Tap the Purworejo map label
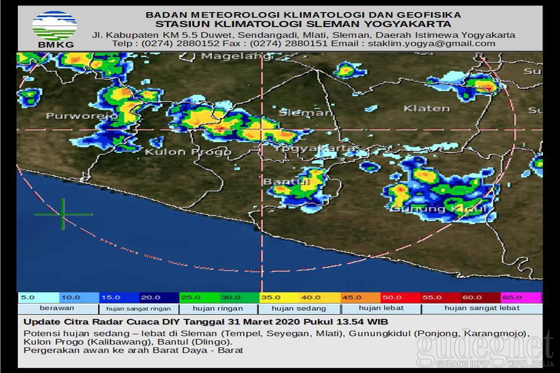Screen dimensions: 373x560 [x=82, y=116]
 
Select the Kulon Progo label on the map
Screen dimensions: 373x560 [x=188, y=152]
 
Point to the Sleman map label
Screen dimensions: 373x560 [x=306, y=112]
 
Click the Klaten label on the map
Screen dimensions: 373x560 [x=427, y=108]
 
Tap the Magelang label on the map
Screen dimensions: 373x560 [x=236, y=56]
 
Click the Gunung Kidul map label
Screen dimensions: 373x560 [x=439, y=209]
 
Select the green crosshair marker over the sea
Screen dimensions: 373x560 [x=63, y=214]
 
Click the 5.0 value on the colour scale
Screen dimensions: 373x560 [x=28, y=297]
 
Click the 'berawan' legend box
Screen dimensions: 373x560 [x=57, y=309]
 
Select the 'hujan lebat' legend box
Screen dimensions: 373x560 [x=381, y=309]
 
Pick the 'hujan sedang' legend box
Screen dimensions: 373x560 [x=299, y=309]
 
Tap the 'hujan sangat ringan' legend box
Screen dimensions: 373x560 [x=139, y=309]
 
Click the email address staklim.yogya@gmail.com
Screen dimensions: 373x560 [x=431, y=43]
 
